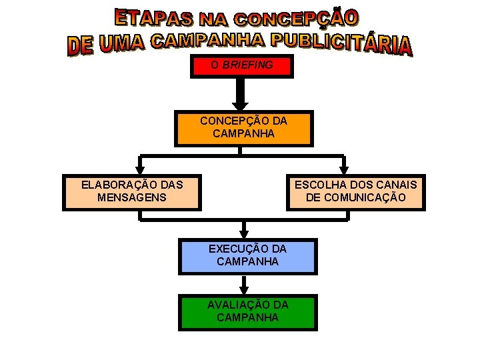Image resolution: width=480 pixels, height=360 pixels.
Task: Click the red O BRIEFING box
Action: point(241,66)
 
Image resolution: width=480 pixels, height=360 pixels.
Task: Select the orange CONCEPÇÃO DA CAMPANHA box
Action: point(243,128)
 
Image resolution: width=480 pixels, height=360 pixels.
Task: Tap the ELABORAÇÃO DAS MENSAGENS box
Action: point(131,191)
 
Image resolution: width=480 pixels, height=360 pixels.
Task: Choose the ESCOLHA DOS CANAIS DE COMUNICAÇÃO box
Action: point(355,191)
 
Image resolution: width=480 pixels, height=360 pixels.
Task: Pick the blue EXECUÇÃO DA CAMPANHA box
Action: point(247,256)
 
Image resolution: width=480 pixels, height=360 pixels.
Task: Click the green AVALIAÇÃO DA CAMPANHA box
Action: point(247,311)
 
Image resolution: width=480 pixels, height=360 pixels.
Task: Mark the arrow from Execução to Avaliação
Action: point(244,285)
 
